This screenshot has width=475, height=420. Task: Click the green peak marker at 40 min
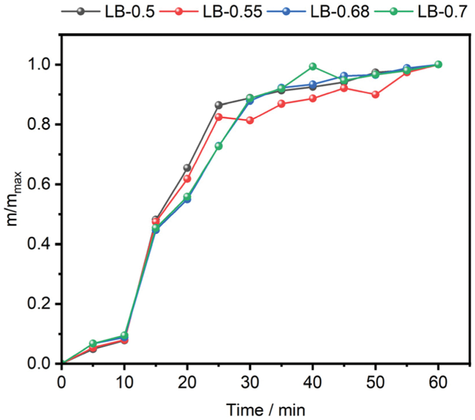click(313, 67)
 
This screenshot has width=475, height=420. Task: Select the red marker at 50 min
click(375, 95)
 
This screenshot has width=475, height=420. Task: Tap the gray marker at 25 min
click(218, 105)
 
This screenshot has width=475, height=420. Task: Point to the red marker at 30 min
click(250, 120)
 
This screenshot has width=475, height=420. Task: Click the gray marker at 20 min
click(187, 168)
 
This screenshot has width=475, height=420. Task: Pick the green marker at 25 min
click(218, 146)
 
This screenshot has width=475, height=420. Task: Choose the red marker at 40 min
click(313, 98)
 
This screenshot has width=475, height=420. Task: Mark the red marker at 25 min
click(218, 117)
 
